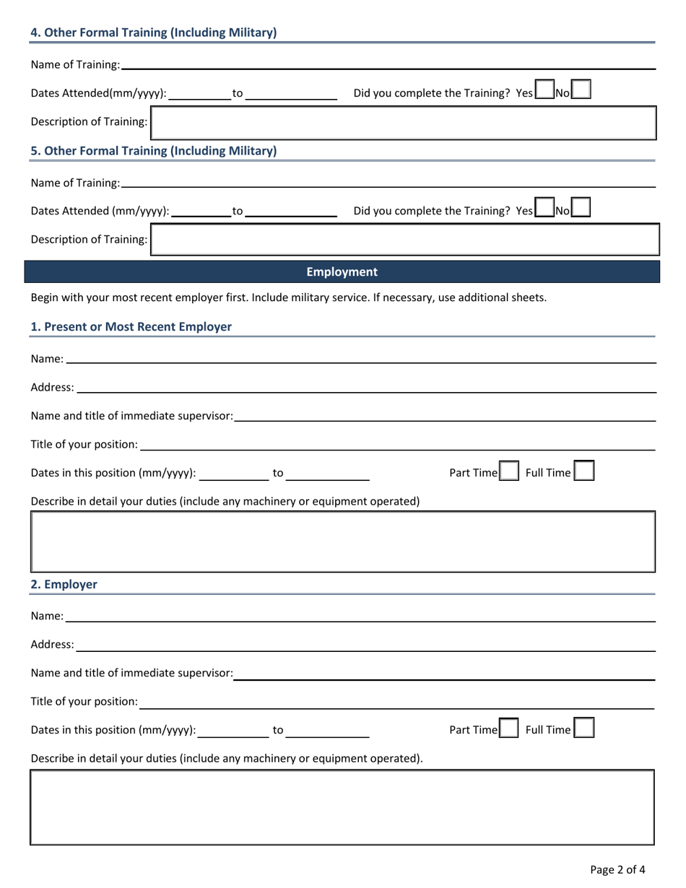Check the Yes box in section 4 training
(544, 90)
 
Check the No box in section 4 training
(581, 90)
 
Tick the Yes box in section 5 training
(544, 208)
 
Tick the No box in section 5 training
(581, 208)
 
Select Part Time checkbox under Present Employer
(509, 471)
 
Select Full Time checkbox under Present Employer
(584, 471)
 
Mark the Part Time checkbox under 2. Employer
(509, 728)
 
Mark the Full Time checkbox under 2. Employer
(584, 728)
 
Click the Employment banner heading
(342, 271)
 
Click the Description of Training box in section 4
(404, 122)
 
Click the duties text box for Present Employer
(342, 541)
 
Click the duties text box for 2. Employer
(342, 806)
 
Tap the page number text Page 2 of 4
(617, 869)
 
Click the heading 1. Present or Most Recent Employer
(131, 326)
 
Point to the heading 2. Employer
(64, 584)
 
